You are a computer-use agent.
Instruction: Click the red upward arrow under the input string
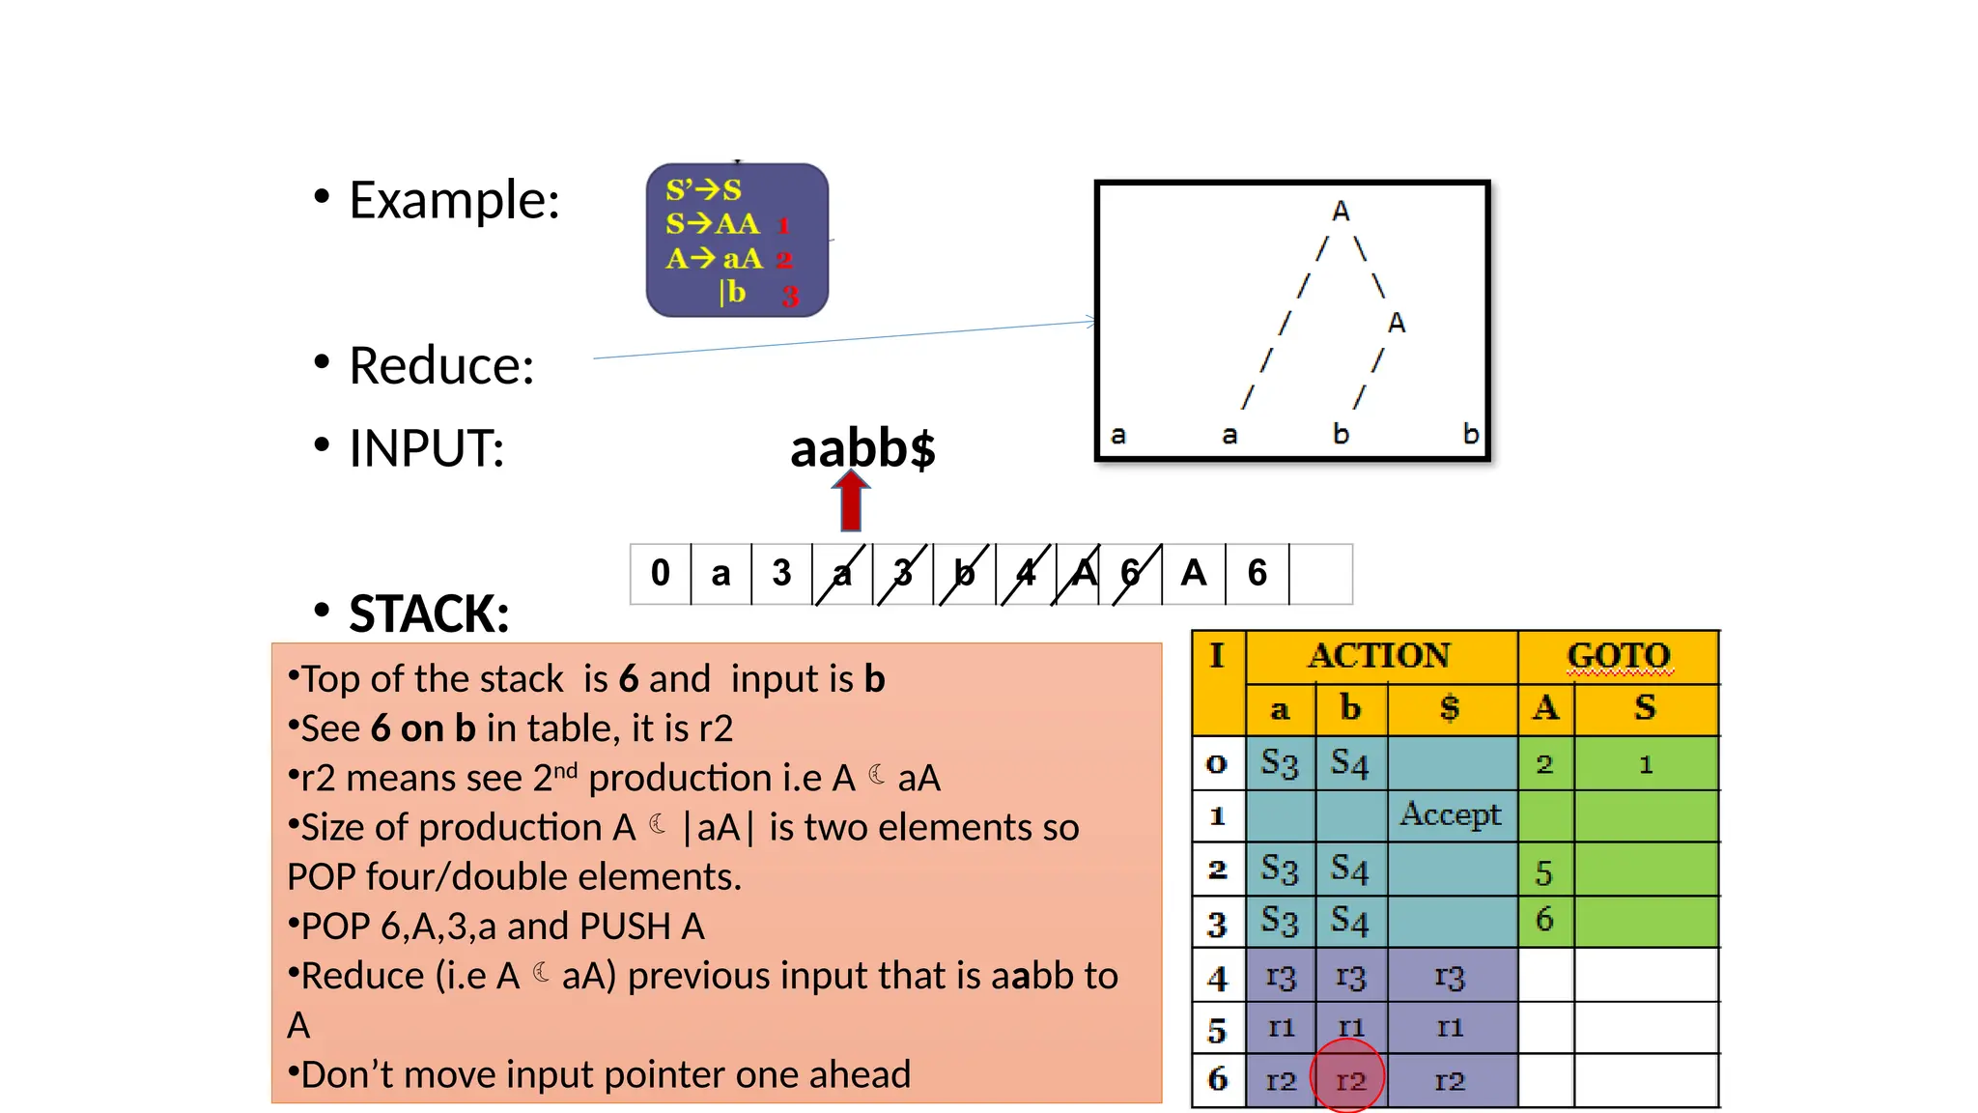(850, 500)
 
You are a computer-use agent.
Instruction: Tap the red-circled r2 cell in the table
(1349, 1080)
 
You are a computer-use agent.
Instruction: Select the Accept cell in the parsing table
(1451, 814)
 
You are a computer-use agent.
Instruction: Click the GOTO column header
(1619, 656)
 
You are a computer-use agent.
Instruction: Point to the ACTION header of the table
(1379, 656)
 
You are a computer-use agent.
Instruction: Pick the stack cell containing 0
(661, 573)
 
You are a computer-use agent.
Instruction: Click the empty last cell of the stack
(1320, 574)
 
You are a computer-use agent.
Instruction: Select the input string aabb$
(862, 448)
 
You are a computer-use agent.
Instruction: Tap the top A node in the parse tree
(1341, 212)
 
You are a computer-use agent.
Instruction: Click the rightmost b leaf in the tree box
(1470, 434)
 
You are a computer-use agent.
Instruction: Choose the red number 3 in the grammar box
(790, 297)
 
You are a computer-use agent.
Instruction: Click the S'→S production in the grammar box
(703, 190)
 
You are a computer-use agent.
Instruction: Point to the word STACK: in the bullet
(429, 614)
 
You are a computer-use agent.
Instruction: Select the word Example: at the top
(454, 200)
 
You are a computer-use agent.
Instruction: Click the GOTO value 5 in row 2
(1544, 873)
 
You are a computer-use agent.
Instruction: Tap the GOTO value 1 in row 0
(1646, 765)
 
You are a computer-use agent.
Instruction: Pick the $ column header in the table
(1450, 708)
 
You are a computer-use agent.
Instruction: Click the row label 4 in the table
(1217, 979)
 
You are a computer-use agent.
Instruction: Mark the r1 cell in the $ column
(1450, 1028)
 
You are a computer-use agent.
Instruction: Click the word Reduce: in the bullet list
(441, 366)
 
